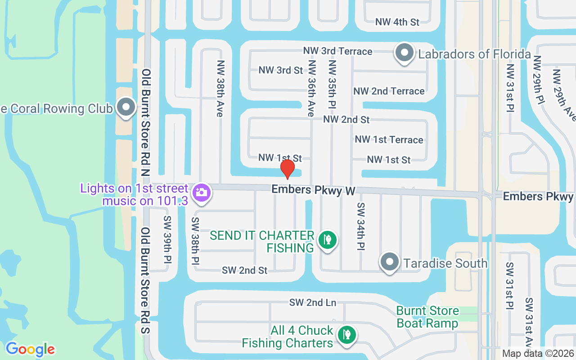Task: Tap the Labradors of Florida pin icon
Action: [x=404, y=53]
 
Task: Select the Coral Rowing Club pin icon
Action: [x=126, y=107]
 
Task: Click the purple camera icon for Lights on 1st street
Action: [x=201, y=193]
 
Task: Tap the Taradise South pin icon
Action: [x=389, y=262]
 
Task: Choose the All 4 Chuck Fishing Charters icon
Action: [x=346, y=335]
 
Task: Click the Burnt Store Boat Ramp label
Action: [x=427, y=317]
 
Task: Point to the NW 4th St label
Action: [x=397, y=22]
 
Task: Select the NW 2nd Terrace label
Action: [x=389, y=91]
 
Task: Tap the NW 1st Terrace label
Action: [x=389, y=139]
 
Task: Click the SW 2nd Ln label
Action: [x=313, y=302]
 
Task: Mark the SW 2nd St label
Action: [x=244, y=270]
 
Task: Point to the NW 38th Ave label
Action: [x=220, y=89]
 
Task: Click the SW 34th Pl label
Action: [x=360, y=226]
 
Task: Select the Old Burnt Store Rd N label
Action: [x=145, y=121]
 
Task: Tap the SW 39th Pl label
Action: [x=167, y=240]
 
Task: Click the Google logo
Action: [x=30, y=349]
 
